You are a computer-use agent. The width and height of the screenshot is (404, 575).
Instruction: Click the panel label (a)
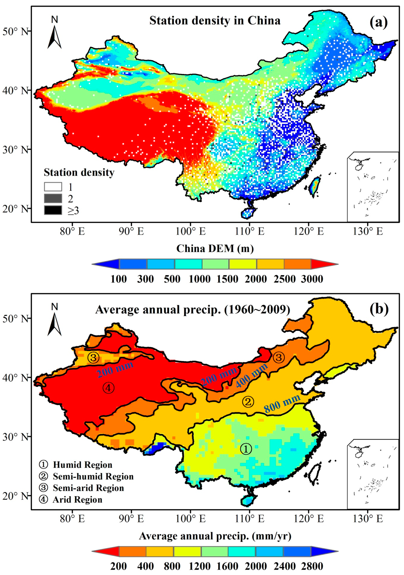pyautogui.click(x=378, y=22)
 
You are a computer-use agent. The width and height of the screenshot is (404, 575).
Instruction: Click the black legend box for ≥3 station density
pyautogui.click(x=53, y=210)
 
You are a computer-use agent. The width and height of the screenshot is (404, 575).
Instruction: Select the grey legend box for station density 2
pyautogui.click(x=53, y=198)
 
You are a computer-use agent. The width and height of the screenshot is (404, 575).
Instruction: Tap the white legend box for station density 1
pyautogui.click(x=53, y=187)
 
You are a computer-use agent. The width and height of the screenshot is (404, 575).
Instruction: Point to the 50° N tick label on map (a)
pyautogui.click(x=15, y=32)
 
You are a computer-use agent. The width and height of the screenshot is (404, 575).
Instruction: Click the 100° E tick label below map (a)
pyautogui.click(x=191, y=231)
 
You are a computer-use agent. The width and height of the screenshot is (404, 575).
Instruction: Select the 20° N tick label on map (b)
pyautogui.click(x=15, y=496)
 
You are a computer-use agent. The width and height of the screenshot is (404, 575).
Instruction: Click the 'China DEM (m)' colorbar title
pyautogui.click(x=215, y=249)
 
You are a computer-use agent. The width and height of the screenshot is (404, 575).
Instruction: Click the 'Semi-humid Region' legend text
pyautogui.click(x=93, y=476)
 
